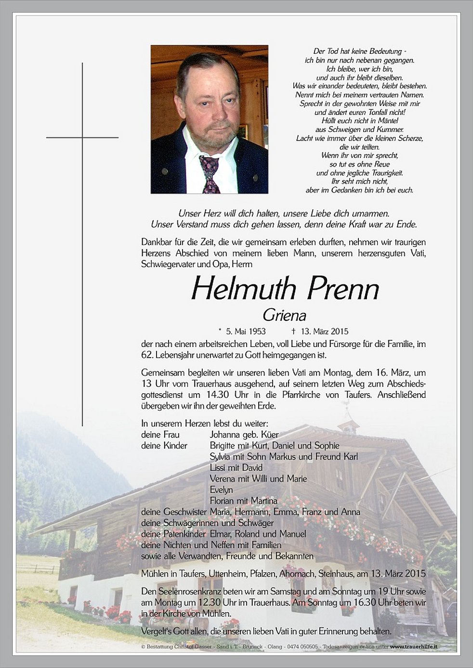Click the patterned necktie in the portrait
[210, 174]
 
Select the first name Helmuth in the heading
[243, 289]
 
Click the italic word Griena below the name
[285, 315]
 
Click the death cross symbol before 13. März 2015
[293, 331]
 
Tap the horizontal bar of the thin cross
[82, 138]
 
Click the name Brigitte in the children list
[224, 446]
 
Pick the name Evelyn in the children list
[221, 490]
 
